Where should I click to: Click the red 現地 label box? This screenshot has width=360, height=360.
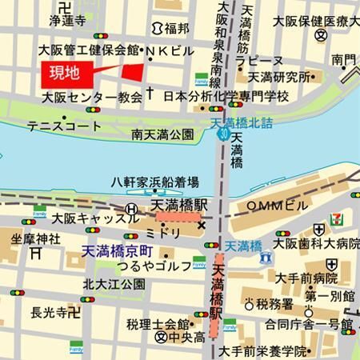[64, 74]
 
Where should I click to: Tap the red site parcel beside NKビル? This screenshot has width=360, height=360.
[133, 70]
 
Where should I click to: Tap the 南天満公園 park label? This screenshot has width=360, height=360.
[163, 134]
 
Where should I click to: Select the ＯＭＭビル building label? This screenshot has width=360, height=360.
[277, 206]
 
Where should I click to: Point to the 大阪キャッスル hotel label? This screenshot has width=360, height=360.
[85, 218]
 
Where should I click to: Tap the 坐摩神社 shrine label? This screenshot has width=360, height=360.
[36, 238]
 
